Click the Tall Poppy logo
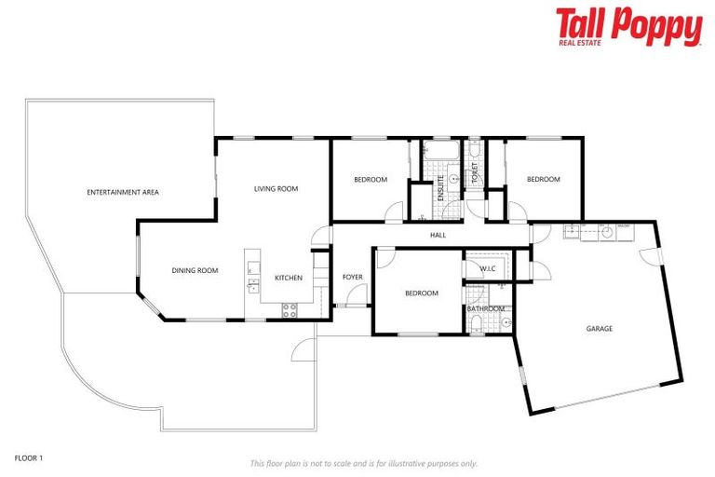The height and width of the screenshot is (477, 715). pyautogui.click(x=628, y=26)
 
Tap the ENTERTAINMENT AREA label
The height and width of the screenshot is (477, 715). pyautogui.click(x=123, y=192)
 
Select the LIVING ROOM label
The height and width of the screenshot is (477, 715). pyautogui.click(x=276, y=189)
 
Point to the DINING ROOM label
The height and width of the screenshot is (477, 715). pyautogui.click(x=195, y=271)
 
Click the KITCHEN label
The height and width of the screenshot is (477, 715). pyautogui.click(x=288, y=278)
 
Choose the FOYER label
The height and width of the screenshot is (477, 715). pyautogui.click(x=352, y=277)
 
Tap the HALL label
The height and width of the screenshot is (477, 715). pyautogui.click(x=438, y=236)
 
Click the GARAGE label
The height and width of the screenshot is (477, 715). pyautogui.click(x=599, y=328)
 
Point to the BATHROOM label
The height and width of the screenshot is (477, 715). pyautogui.click(x=486, y=308)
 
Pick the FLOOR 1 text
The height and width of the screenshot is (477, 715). pyautogui.click(x=29, y=457)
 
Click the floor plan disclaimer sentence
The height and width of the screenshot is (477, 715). pyautogui.click(x=363, y=463)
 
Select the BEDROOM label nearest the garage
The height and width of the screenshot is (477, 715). pyautogui.click(x=544, y=180)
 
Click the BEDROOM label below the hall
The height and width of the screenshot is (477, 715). pyautogui.click(x=421, y=293)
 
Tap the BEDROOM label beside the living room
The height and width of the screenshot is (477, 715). pyautogui.click(x=370, y=180)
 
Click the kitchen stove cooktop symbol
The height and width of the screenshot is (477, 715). pyautogui.click(x=290, y=308)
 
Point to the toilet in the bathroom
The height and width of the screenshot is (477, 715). pyautogui.click(x=477, y=323)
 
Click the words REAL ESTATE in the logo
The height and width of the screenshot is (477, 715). pyautogui.click(x=578, y=42)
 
